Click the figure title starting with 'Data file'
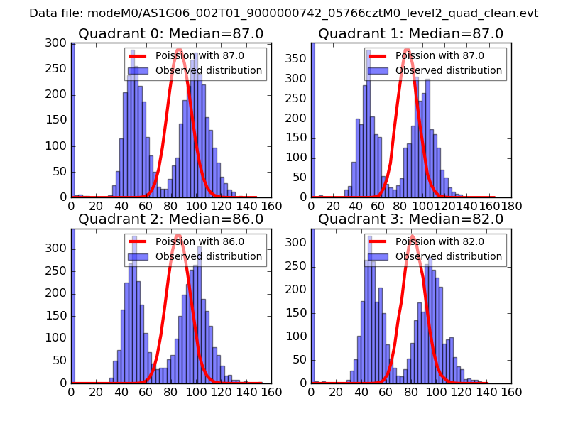click(284, 13)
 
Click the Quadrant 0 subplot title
click(170, 33)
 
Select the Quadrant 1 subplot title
click(410, 33)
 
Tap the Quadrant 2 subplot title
click(170, 219)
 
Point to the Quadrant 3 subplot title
click(410, 219)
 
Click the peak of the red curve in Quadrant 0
click(179, 50)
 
